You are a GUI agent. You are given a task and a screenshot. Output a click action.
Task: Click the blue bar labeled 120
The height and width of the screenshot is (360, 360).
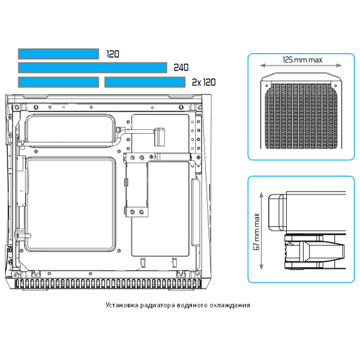tap(59, 54)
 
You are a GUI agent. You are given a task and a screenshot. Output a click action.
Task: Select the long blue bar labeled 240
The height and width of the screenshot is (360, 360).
tap(92, 68)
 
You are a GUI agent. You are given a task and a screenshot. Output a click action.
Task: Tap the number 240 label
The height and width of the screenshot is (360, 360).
tap(181, 68)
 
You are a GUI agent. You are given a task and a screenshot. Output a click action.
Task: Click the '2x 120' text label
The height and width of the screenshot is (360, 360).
tap(204, 82)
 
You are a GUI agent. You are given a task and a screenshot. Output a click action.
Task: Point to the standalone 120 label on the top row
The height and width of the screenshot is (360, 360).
tap(112, 54)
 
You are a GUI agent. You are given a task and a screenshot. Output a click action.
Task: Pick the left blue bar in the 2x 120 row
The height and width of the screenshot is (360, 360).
tap(59, 82)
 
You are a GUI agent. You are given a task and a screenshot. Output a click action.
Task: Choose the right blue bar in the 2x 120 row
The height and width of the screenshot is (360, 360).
tap(145, 82)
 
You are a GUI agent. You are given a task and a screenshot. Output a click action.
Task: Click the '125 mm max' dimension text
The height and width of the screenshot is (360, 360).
tap(303, 60)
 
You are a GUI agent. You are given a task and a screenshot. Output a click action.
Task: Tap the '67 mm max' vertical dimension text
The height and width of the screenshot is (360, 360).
tap(256, 231)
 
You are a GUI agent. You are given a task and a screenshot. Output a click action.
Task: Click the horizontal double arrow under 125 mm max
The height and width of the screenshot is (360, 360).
tap(301, 66)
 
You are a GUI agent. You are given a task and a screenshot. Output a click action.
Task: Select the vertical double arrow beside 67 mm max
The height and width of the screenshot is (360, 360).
tap(261, 231)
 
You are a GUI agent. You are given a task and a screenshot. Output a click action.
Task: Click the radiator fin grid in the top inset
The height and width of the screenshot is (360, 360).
tap(301, 116)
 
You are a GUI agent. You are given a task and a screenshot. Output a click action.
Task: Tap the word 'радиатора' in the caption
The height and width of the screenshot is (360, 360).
tap(157, 306)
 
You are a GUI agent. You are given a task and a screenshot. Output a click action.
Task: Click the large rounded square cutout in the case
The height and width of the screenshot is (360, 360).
tap(70, 205)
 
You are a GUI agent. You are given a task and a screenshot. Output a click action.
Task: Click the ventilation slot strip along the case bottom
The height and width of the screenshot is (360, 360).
tap(108, 284)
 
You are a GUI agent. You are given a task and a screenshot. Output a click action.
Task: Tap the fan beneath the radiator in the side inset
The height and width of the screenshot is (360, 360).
tap(315, 251)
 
